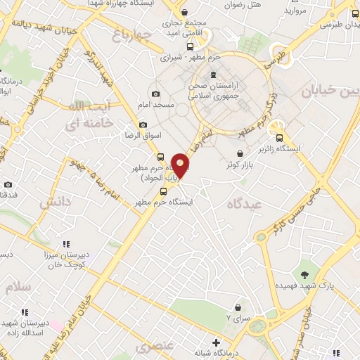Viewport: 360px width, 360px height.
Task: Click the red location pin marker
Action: click(181, 167)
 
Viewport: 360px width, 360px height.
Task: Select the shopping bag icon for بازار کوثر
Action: click(240, 153)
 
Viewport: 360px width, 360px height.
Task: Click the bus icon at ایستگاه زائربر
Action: click(280, 138)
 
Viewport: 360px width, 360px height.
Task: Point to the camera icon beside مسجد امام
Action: click(155, 94)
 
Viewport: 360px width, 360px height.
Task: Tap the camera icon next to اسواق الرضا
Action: click(143, 124)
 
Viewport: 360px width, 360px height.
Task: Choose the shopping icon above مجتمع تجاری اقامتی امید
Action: click(184, 12)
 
